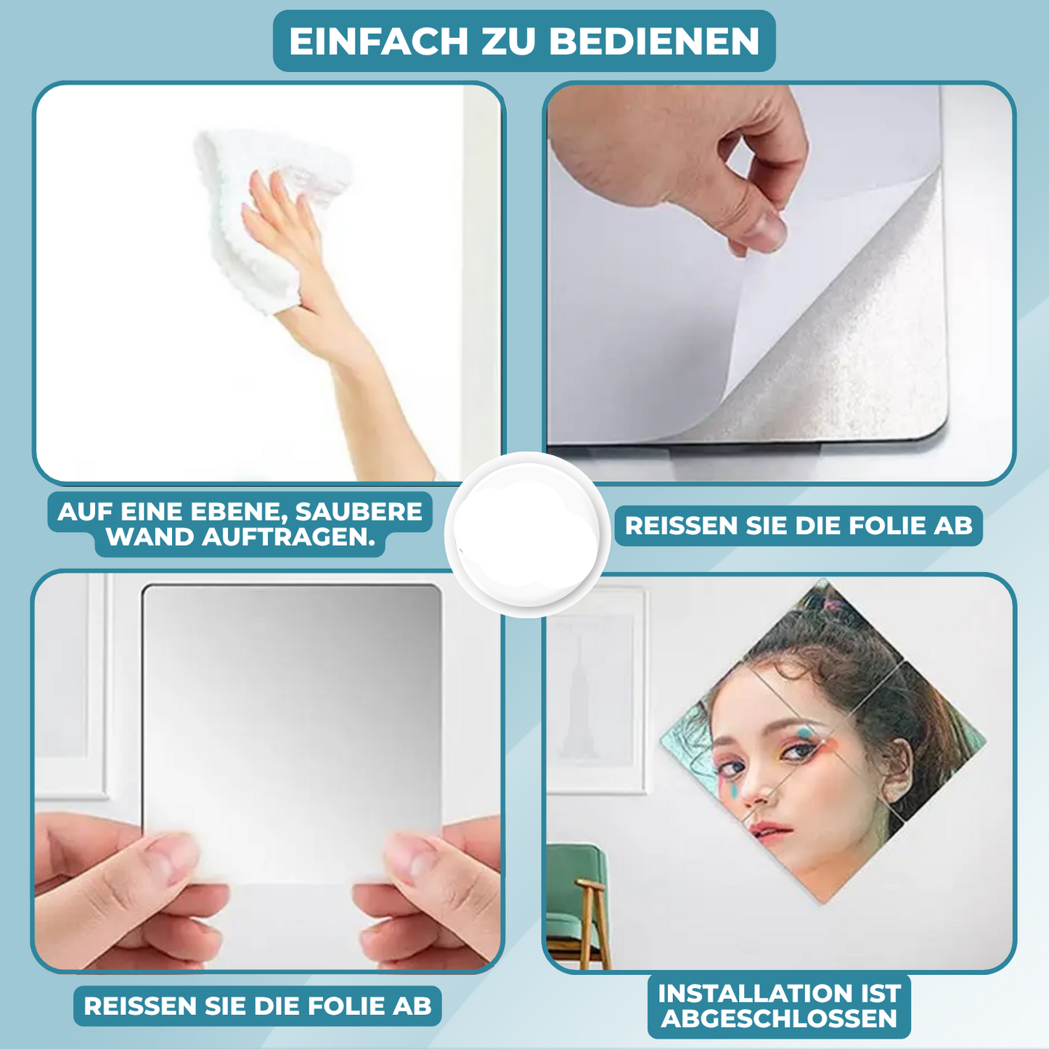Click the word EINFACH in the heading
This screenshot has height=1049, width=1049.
coord(379,41)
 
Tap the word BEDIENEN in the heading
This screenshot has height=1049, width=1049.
coord(654,41)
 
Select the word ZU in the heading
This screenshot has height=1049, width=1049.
coord(508,41)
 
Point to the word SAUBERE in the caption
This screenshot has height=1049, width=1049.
coord(359,512)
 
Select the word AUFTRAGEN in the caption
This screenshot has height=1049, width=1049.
coord(288,537)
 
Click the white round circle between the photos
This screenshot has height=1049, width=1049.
coord(527,534)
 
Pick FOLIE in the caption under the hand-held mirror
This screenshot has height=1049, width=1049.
coord(348,1005)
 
